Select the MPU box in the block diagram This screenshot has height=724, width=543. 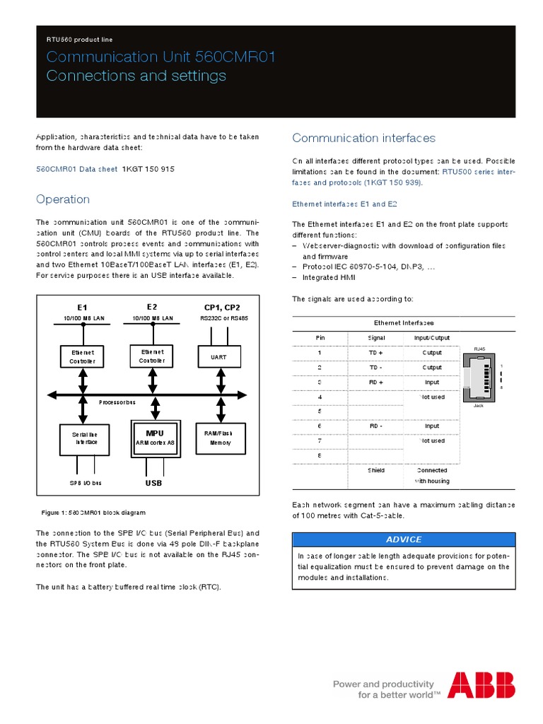[x=154, y=438]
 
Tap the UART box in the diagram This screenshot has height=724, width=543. [x=218, y=357]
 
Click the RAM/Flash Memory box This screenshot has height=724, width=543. [x=218, y=438]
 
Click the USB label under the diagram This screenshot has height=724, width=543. [x=153, y=483]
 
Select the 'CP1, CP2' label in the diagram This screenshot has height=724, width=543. [x=221, y=307]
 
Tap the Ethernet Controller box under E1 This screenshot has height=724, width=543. [x=82, y=356]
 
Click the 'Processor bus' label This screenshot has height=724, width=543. [x=117, y=402]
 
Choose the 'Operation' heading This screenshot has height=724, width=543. [x=63, y=199]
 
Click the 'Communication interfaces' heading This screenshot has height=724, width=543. [x=363, y=138]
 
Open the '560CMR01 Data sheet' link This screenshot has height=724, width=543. [x=77, y=170]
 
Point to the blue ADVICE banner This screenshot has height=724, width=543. [x=404, y=539]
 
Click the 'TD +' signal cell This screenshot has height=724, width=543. [x=375, y=352]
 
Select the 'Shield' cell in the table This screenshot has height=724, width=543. [x=375, y=470]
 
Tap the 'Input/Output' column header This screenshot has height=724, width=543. [x=431, y=338]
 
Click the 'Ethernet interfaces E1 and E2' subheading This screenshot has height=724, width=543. [x=345, y=204]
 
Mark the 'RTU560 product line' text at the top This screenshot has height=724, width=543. [x=79, y=40]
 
